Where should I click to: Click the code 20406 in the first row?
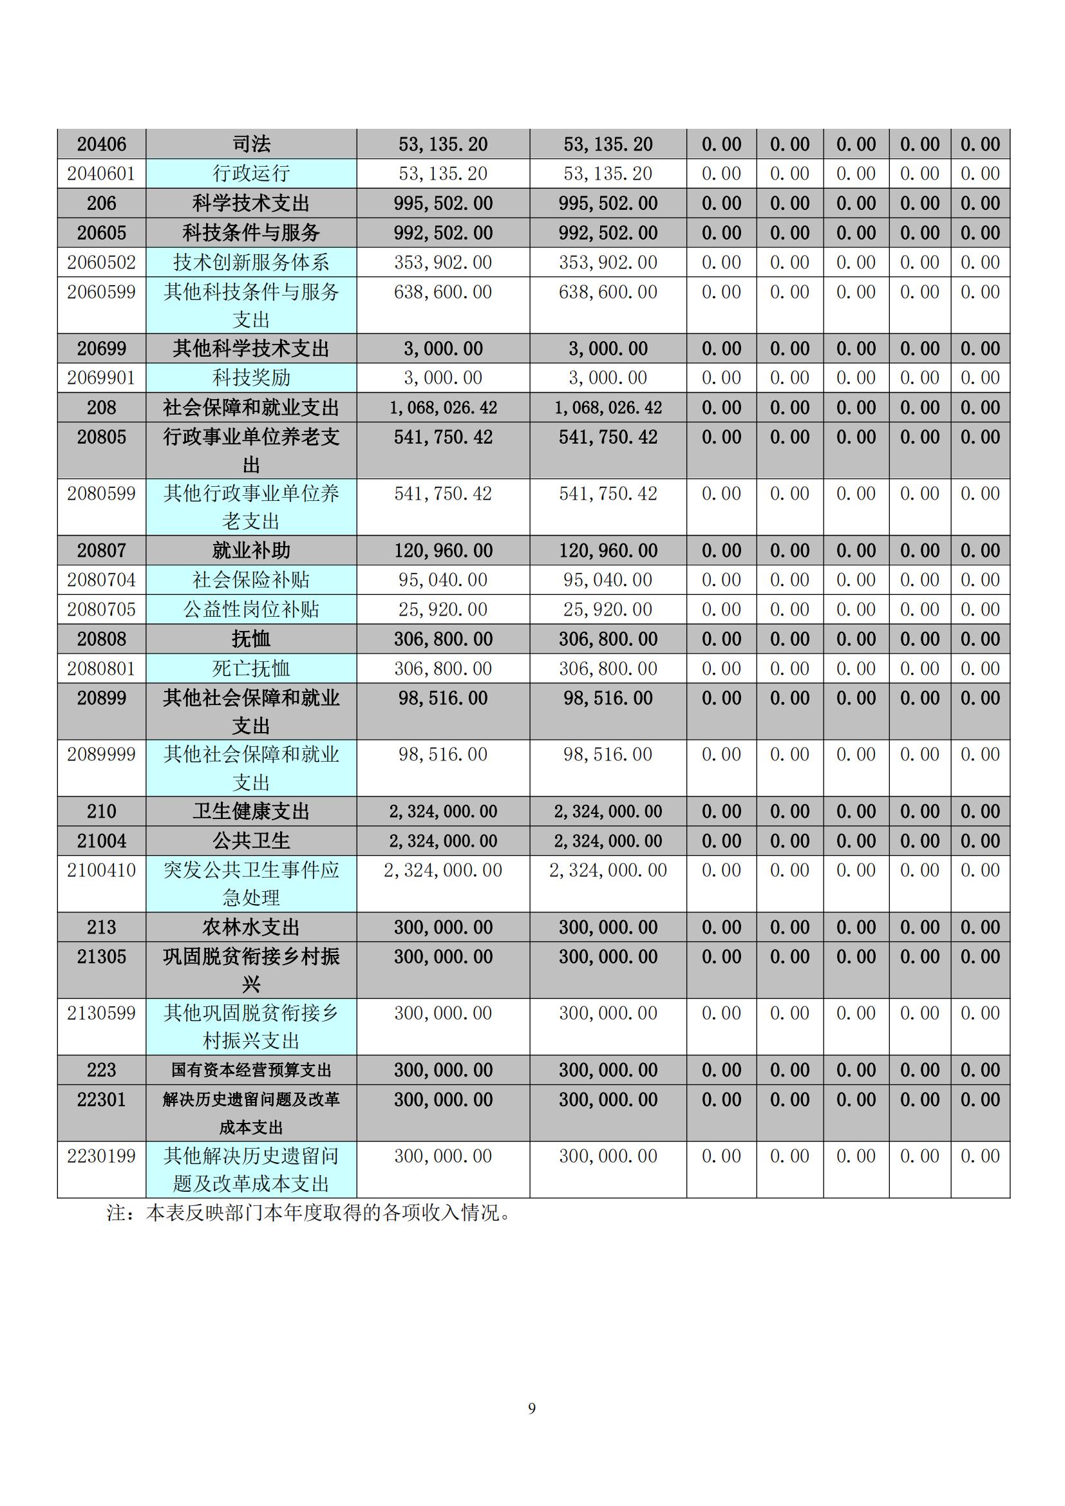point(102,144)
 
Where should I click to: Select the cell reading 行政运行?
point(251,174)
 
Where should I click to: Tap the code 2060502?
point(102,262)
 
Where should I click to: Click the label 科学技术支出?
point(251,203)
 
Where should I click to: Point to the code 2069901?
point(102,378)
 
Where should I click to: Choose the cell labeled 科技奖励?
point(251,378)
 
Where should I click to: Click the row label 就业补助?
point(251,551)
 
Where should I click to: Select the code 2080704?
point(102,580)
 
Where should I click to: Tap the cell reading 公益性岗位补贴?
point(251,609)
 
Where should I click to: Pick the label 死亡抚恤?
point(251,668)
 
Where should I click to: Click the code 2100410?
point(102,871)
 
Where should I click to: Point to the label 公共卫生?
point(251,841)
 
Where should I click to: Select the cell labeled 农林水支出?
point(251,927)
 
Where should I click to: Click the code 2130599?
point(102,1013)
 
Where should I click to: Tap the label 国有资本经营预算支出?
point(251,1071)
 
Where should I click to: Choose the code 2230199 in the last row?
point(102,1156)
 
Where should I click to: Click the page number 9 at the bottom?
point(532,1409)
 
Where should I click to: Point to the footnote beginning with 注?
point(308,1213)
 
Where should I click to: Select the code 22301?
point(102,1100)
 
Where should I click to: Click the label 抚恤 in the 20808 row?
point(251,639)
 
